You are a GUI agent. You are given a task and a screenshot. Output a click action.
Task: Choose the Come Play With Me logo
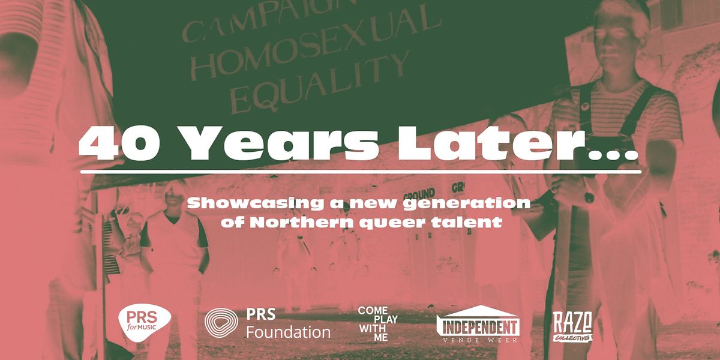point(378,324)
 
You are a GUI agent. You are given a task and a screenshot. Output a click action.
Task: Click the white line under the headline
point(360,171)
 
